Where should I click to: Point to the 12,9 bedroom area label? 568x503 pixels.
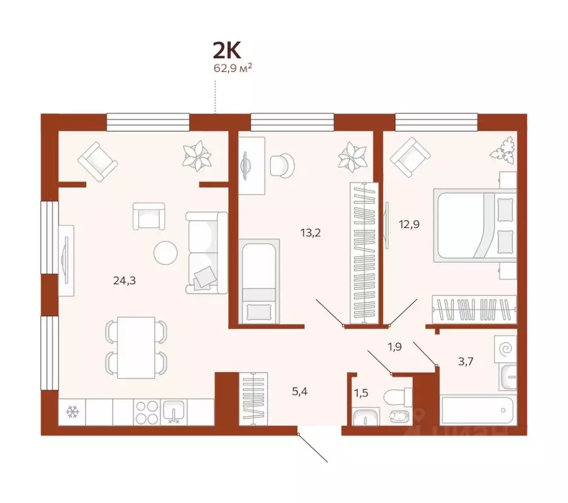(x=408, y=224)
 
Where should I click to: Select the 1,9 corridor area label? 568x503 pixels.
(x=395, y=346)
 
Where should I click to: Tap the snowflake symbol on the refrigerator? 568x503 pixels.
(x=72, y=412)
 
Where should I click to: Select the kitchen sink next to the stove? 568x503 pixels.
(x=174, y=411)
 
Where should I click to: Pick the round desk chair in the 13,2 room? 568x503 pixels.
(x=283, y=164)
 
